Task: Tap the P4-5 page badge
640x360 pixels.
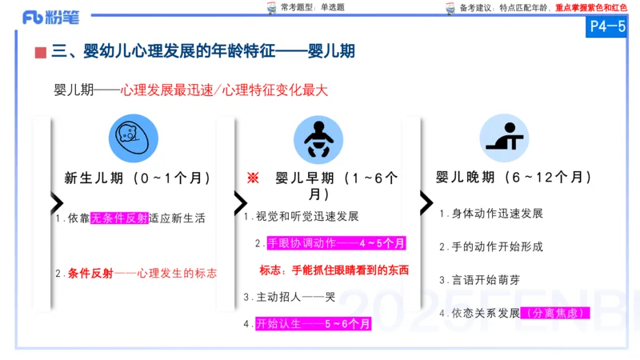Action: pos(606,26)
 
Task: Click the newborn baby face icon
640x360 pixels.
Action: pos(134,139)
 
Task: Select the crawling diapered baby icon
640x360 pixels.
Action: pos(318,139)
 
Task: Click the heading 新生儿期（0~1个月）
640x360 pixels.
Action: pos(138,178)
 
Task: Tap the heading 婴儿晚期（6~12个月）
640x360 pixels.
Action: pos(514,177)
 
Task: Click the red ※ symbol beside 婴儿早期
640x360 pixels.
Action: pos(253,178)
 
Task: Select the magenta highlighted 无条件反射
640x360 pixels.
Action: pos(119,218)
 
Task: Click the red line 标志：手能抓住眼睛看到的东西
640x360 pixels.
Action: pos(334,270)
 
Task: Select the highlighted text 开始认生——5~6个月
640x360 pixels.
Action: pos(313,324)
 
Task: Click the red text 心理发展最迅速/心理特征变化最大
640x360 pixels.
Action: pos(225,90)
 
